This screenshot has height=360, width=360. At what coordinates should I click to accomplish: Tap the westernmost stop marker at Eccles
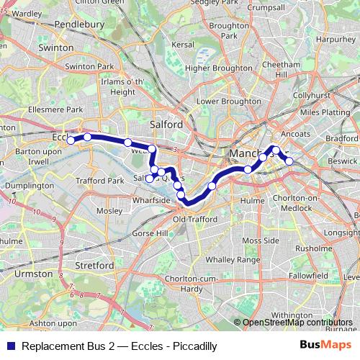71,140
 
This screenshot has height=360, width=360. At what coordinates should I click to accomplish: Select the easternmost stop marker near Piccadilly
289,161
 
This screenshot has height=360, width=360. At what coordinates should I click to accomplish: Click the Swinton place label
58,48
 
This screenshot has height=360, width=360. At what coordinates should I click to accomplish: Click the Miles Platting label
323,113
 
